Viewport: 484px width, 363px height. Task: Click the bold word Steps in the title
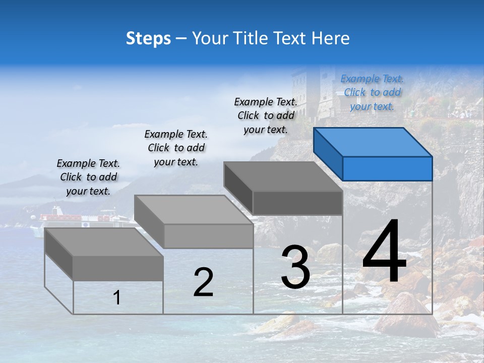coord(148,38)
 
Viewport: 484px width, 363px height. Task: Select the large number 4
coord(384,252)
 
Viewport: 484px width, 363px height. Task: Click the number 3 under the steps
coord(295,268)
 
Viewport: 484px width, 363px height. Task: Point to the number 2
coord(203,282)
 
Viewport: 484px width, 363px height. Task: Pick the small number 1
coord(117,297)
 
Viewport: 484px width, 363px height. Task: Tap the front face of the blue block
coord(387,168)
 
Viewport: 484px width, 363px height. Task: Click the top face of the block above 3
coord(282,176)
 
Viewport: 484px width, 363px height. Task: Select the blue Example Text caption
coord(372,92)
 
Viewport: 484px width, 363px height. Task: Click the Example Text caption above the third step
coord(266,115)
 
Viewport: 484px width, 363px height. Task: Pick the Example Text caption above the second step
coord(176,148)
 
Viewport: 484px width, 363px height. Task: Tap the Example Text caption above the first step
coord(88,177)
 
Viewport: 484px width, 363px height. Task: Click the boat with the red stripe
coord(76,218)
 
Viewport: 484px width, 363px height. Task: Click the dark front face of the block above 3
coord(297,203)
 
